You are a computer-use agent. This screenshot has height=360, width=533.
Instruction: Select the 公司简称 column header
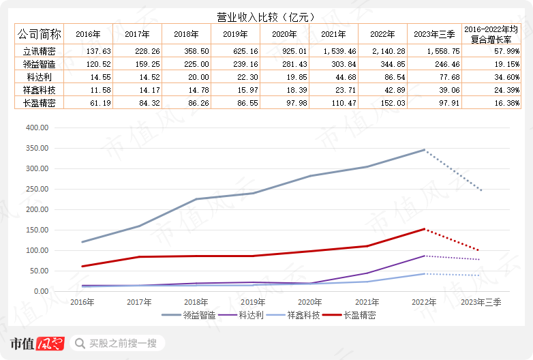click(x=39, y=33)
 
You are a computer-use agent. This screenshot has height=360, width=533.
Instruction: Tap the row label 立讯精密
click(x=39, y=50)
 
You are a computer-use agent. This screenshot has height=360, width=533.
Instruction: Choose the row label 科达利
click(x=39, y=76)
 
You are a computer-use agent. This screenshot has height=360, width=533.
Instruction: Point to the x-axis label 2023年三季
click(x=481, y=302)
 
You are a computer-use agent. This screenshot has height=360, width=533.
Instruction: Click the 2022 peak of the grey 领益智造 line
click(x=424, y=150)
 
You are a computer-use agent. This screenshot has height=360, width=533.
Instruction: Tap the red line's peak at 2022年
click(x=424, y=229)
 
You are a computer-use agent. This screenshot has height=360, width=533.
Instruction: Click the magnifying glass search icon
click(x=80, y=343)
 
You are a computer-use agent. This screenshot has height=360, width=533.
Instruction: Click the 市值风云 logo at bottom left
click(x=37, y=343)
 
